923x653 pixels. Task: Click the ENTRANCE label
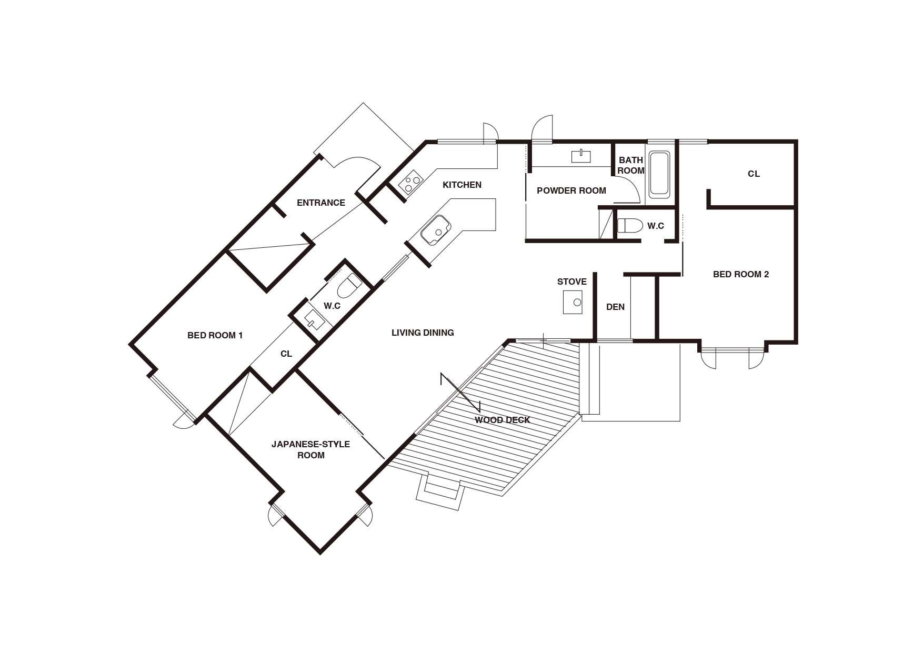[x=320, y=203]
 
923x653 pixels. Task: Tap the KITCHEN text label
[x=461, y=185]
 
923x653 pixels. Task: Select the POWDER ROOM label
[x=571, y=190]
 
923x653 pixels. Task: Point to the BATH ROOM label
[x=630, y=165]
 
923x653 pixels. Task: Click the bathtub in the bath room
[x=659, y=174]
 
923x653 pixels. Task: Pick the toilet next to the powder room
[x=630, y=226]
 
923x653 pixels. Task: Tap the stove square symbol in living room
[x=573, y=302]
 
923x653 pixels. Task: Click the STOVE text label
[x=571, y=282]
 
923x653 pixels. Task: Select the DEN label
[x=615, y=307]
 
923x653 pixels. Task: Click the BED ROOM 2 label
[x=740, y=274]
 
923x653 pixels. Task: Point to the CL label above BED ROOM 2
[x=754, y=174]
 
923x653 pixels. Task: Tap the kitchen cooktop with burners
[x=410, y=183]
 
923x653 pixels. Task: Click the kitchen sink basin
[x=436, y=230]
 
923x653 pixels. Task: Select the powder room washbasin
[x=581, y=156]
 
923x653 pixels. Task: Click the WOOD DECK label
[x=502, y=420]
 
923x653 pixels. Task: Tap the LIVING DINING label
[x=423, y=333]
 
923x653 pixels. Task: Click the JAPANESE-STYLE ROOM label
[x=310, y=449]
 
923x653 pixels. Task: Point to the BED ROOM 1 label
[x=215, y=335]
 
